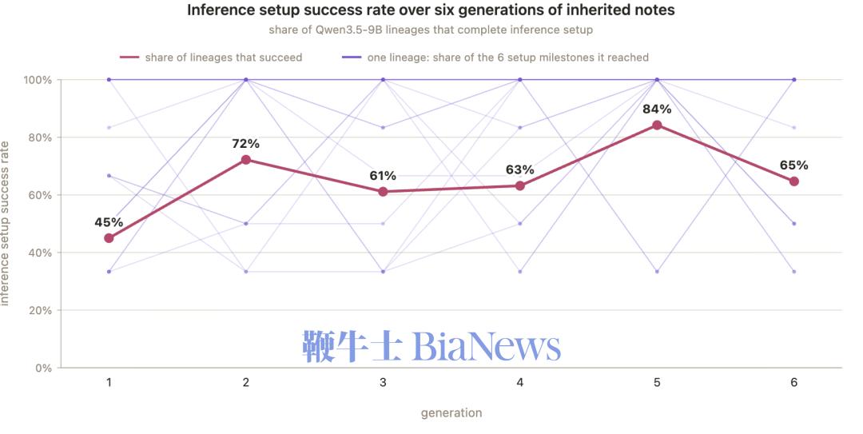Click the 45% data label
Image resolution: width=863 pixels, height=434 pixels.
coord(109,222)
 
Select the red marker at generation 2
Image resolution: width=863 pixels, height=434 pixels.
coord(246,160)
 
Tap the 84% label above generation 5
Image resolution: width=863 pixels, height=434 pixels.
coord(657,109)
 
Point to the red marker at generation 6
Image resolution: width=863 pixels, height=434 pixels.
coord(793,181)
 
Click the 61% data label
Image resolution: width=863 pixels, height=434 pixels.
coord(383,176)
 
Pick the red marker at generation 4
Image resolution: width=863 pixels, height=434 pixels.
coord(520,185)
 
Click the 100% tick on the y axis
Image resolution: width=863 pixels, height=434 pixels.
coord(38,81)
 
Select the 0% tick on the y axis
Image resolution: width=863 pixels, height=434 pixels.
coord(43,368)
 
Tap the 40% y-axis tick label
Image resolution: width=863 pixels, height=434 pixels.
coord(40,253)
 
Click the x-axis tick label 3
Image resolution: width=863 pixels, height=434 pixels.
coord(383,383)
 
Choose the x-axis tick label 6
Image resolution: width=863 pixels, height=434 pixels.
coord(793,383)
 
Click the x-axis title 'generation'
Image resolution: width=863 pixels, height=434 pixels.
coord(451,413)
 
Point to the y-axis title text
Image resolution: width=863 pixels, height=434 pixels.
coord(5,224)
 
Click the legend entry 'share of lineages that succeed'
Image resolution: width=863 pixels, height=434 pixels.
coord(211,58)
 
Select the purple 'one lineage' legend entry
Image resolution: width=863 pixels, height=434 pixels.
coord(495,58)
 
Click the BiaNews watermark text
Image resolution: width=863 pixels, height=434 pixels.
coord(431,346)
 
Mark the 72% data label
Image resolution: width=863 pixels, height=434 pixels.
coord(246,144)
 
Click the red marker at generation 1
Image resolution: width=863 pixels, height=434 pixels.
coord(109,238)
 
